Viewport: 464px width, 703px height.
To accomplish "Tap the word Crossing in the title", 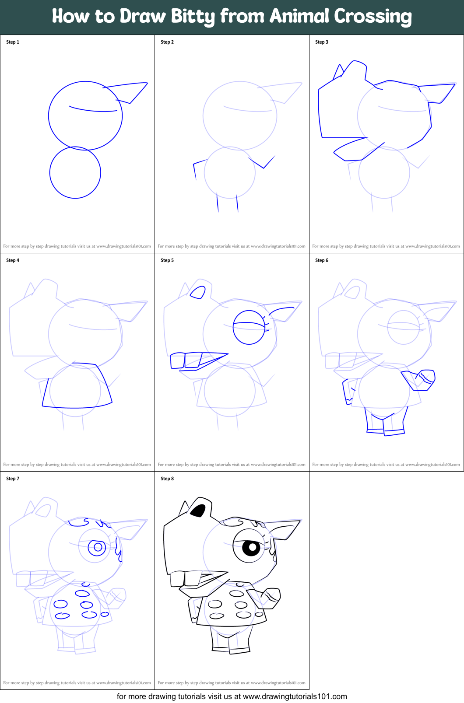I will [x=373, y=17].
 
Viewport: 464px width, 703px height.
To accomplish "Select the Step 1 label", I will [x=13, y=42].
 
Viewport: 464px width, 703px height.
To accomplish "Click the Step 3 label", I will [x=322, y=42].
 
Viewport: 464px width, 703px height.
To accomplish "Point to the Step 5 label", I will [x=167, y=260].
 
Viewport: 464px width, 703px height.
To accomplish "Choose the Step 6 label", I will [x=322, y=260].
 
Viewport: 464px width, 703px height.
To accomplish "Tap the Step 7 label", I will [x=13, y=479].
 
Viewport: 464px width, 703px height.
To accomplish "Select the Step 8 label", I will [x=167, y=479].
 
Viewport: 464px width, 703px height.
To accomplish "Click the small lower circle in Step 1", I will [x=75, y=172].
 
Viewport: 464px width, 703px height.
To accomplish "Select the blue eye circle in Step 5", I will [x=249, y=327].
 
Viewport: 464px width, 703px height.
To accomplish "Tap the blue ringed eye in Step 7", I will [x=97, y=547].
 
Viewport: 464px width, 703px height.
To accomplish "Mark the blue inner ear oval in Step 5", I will [x=198, y=292].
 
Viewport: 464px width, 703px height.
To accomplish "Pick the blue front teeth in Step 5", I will [x=186, y=360].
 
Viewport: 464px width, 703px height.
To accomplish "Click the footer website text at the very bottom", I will [x=232, y=696].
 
